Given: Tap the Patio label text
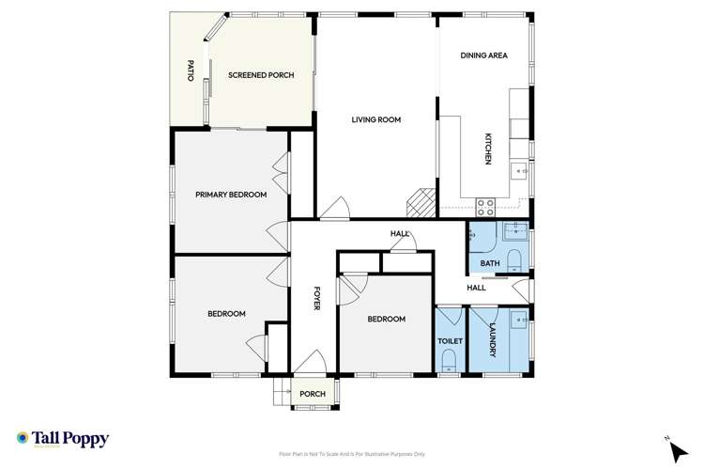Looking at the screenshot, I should (191, 72).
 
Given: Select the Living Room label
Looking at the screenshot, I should (376, 119).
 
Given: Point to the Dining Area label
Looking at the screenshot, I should (483, 55).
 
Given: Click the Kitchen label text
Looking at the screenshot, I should (488, 149).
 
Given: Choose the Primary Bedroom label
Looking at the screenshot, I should (231, 195).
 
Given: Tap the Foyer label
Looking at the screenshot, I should (317, 298).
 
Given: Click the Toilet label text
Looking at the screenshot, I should (449, 342).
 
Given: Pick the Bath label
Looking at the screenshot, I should (490, 263).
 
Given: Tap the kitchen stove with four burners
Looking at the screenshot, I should (486, 203).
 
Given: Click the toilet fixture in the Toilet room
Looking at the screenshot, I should (449, 361).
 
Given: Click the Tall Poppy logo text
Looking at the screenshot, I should (70, 438).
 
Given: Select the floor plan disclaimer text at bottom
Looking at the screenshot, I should (351, 454).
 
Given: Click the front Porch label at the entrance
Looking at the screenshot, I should (312, 394).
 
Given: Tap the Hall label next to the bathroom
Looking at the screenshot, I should (475, 288).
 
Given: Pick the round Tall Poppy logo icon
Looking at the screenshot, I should (23, 437).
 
